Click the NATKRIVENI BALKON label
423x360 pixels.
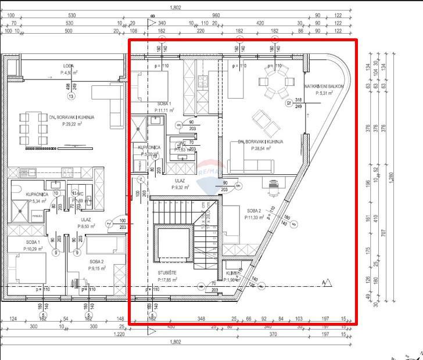pyautogui.click(x=324, y=86)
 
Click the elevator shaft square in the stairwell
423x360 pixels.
pyautogui.click(x=173, y=243)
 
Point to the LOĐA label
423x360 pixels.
pyautogui.click(x=70, y=66)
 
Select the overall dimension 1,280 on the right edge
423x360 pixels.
pyautogui.click(x=393, y=178)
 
